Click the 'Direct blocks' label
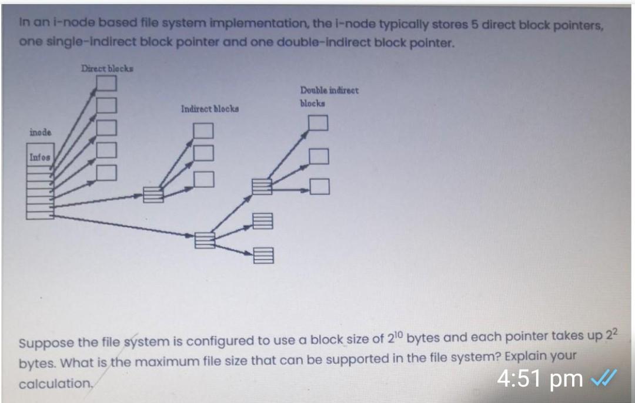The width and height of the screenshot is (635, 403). [x=107, y=69]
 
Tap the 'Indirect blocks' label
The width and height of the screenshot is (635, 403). [x=210, y=109]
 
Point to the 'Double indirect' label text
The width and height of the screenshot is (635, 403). [x=329, y=90]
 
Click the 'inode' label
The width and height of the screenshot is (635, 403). [x=40, y=133]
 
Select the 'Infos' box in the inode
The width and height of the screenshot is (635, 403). [x=40, y=157]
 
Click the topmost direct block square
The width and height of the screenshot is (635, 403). [x=106, y=84]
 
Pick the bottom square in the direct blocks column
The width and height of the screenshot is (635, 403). [x=106, y=172]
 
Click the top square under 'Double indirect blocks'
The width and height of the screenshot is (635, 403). [x=318, y=123]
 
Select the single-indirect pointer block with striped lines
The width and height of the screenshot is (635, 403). [x=153, y=195]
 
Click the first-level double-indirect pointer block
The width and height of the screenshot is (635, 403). [x=205, y=240]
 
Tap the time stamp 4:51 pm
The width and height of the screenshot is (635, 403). [x=539, y=379]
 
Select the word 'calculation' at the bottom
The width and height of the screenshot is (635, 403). [x=55, y=384]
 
